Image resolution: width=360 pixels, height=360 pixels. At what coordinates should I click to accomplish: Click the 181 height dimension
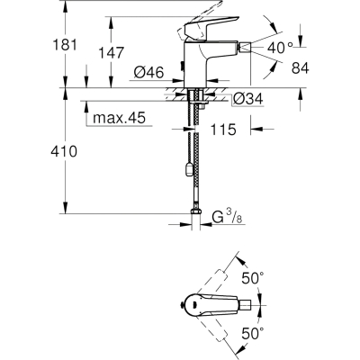65,45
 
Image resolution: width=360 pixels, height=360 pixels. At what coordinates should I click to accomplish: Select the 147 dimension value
112,53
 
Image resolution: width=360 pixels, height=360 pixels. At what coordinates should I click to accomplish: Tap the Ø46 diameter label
148,72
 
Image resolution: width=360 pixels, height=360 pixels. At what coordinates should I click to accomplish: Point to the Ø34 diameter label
248,98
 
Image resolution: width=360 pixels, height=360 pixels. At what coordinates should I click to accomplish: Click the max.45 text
119,118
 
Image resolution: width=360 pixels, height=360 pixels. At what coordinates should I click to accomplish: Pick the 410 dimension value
64,151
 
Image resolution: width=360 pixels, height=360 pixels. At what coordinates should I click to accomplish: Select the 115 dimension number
223,130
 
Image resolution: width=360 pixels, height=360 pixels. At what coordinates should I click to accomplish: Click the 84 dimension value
300,68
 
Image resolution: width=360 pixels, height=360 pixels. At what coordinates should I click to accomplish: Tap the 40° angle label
280,48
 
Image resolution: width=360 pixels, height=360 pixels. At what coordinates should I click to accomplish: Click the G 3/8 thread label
227,217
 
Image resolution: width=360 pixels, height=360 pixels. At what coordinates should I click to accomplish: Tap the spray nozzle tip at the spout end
244,48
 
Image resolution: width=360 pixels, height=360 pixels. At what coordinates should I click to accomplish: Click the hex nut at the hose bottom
195,211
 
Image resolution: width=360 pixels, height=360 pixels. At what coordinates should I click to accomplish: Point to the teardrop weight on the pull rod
189,170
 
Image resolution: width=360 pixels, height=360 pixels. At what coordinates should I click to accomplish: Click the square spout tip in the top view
245,305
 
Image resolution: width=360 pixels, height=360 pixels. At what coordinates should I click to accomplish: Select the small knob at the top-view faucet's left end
181,305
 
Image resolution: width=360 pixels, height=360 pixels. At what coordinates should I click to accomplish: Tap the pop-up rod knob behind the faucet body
181,66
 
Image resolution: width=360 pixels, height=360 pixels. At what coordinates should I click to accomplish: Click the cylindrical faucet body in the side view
194,64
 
